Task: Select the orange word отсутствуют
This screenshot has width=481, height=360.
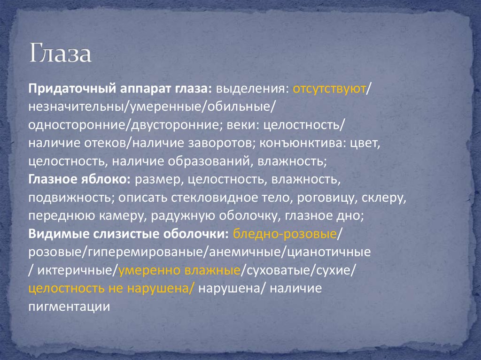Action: coord(329,89)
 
